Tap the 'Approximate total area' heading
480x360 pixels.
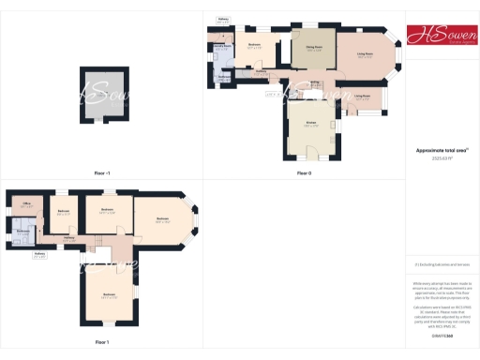pyautogui.click(x=441, y=151)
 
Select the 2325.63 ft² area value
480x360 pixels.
pyautogui.click(x=441, y=158)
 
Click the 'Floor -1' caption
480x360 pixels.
pyautogui.click(x=102, y=173)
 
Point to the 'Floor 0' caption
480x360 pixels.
pyautogui.click(x=304, y=173)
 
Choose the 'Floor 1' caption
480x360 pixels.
pyautogui.click(x=102, y=342)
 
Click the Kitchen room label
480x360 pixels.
pyautogui.click(x=310, y=123)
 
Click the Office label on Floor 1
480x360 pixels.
pyautogui.click(x=27, y=203)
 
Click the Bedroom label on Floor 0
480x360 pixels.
pyautogui.click(x=254, y=45)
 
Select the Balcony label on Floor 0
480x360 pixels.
pyautogui.click(x=222, y=19)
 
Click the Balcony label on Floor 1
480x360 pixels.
pyautogui.click(x=39, y=254)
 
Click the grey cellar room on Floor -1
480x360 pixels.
pyautogui.click(x=102, y=93)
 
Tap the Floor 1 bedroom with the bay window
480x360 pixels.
pyautogui.click(x=162, y=221)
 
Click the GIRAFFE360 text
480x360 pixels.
pyautogui.click(x=440, y=335)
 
